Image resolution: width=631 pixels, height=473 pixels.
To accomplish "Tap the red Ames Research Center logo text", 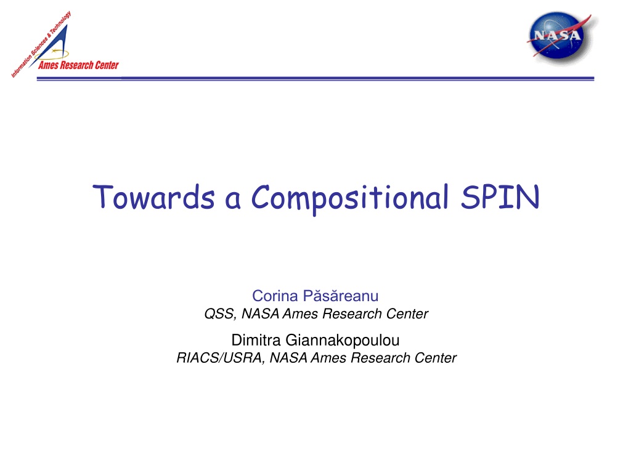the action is tap(78, 65).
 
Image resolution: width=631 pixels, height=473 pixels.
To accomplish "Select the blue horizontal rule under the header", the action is tap(315, 78).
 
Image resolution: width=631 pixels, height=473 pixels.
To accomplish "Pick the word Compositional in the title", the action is tap(350, 198).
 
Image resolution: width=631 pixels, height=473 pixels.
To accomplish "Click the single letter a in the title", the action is tap(233, 200).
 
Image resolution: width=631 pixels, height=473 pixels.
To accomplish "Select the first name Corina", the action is tap(275, 296).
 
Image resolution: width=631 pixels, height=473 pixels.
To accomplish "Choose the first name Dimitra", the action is tap(256, 340).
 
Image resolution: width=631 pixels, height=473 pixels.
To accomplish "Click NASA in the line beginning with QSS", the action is tap(260, 313).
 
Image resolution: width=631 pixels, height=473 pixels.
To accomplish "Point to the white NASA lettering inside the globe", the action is tap(557, 35).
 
